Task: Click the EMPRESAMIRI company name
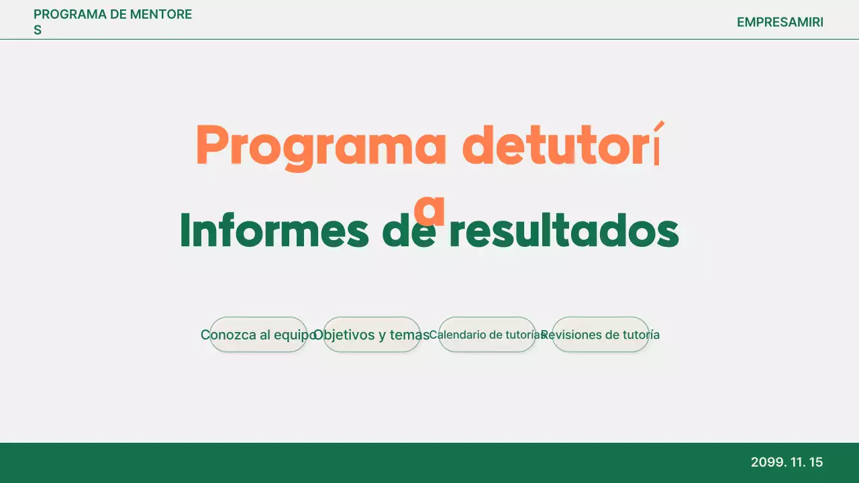point(780,22)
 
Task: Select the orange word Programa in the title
point(321,146)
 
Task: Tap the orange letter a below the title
point(429,209)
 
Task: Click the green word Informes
point(274,231)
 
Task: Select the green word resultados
point(564,231)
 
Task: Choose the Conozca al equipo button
point(258,335)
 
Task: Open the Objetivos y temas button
point(372,335)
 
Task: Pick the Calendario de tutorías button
point(487,335)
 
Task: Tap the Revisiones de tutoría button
point(600,335)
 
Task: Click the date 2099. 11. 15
point(787,462)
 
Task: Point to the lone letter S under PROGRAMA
point(38,30)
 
